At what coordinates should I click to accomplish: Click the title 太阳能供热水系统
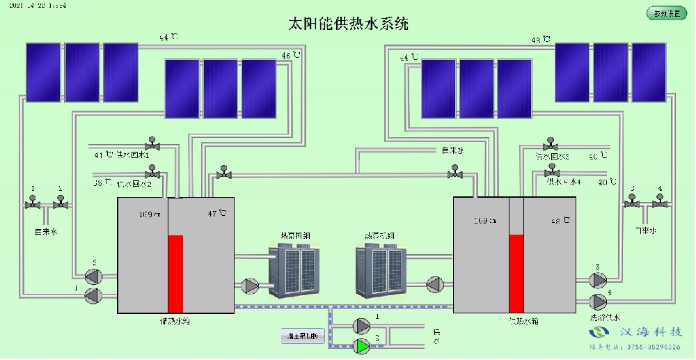pos(348,23)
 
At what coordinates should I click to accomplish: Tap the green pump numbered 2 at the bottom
pos(362,345)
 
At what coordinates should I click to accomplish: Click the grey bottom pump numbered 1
pos(362,325)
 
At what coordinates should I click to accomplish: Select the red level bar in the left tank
pos(175,274)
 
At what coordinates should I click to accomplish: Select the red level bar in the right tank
pos(516,273)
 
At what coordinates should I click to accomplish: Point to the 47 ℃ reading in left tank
pos(213,214)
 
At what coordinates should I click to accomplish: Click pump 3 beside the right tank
pos(597,281)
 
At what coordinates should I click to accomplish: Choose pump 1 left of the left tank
pos(92,295)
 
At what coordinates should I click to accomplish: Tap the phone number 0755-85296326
pos(651,346)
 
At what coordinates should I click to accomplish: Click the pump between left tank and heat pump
pos(250,285)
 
